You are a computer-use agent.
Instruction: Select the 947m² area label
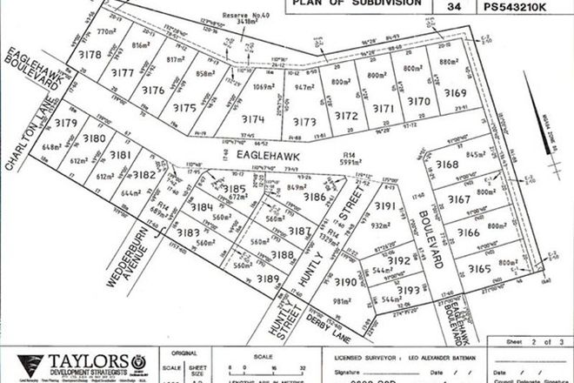pyautogui.click(x=303, y=87)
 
